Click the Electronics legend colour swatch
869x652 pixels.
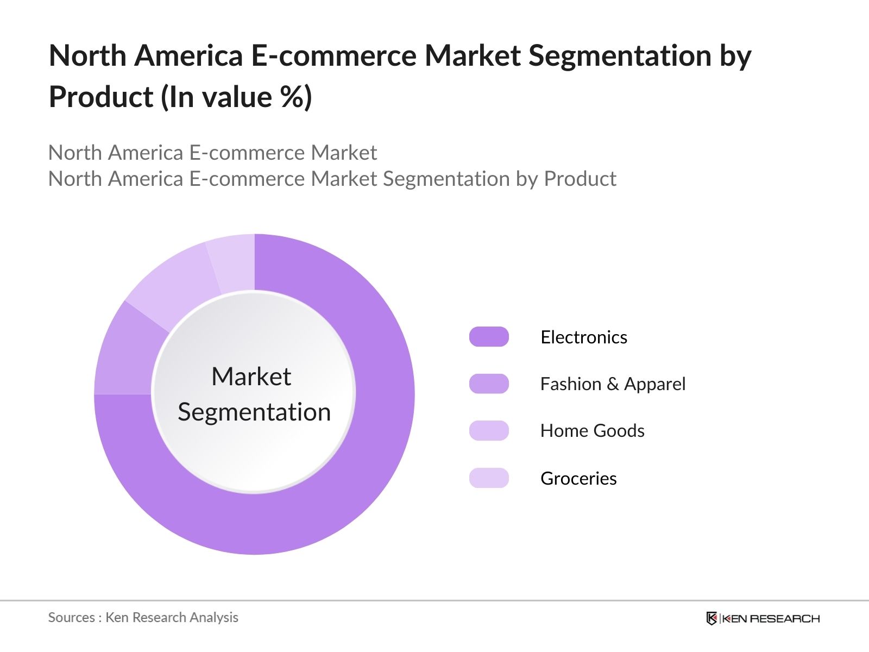[x=489, y=337]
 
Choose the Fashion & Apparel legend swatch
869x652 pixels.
[x=489, y=384]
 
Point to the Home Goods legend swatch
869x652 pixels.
[x=489, y=430]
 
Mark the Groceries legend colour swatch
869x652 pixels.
[x=489, y=478]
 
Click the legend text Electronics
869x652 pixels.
[x=584, y=337]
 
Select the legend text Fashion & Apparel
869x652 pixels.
[x=613, y=384]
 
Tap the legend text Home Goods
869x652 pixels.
[x=592, y=431]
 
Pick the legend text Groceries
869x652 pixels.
[x=578, y=479]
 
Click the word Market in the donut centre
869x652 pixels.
[x=251, y=377]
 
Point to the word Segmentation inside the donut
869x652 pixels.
[x=254, y=412]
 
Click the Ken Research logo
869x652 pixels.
[x=763, y=618]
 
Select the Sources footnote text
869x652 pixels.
[x=143, y=617]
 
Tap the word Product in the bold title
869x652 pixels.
[x=101, y=97]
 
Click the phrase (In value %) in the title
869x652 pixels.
[x=236, y=97]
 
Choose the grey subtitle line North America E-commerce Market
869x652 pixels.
[x=212, y=153]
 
